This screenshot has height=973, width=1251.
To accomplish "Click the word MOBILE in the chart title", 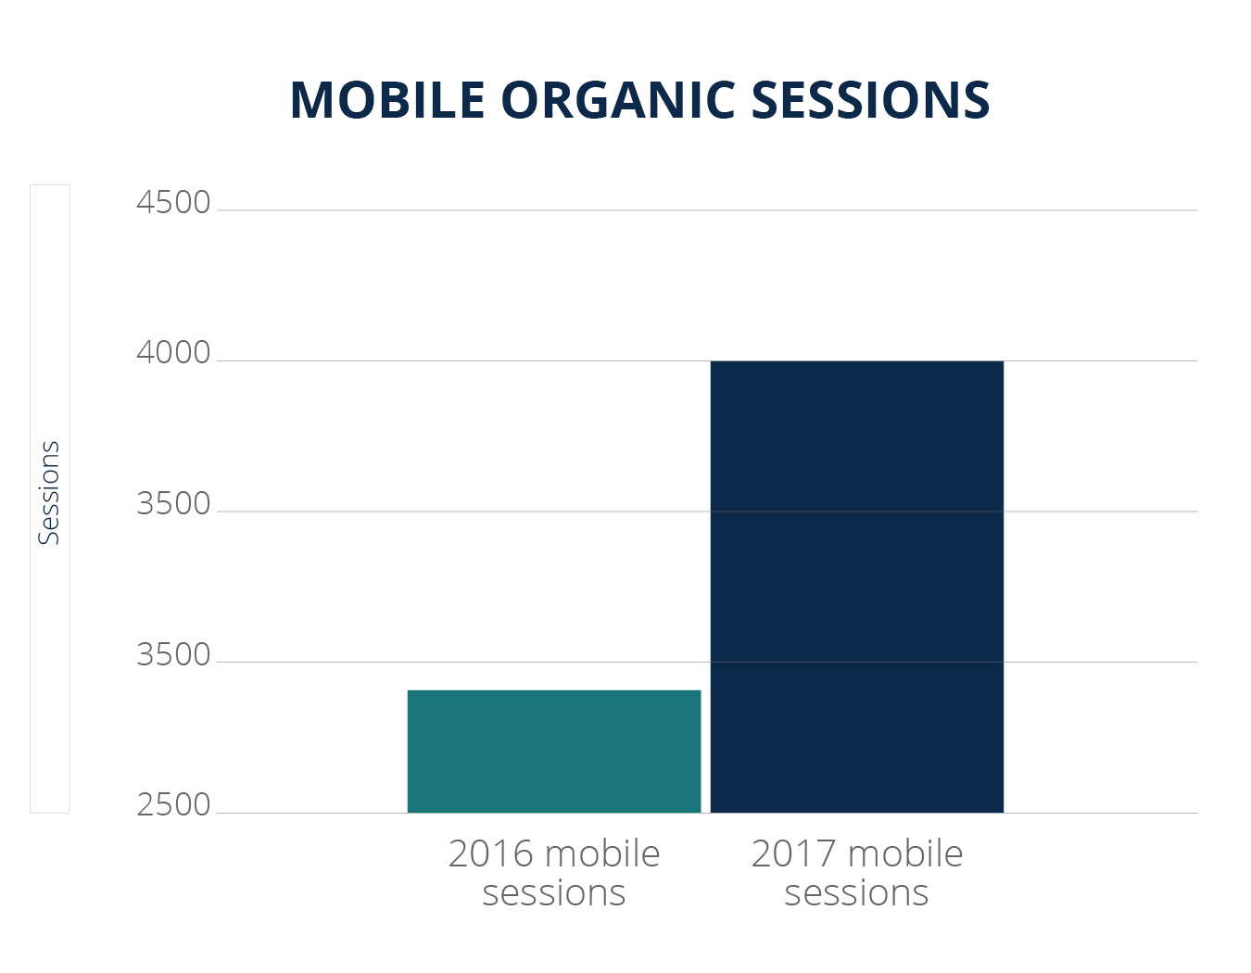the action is point(387,100).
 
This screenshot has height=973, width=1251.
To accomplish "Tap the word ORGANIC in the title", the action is point(618,100).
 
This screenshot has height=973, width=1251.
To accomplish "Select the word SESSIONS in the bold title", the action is point(870,100).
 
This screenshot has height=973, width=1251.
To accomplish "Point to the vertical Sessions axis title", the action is point(49,493).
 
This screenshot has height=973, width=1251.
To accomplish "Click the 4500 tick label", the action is point(173,203).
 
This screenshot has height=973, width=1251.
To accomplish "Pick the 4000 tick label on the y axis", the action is point(173,353).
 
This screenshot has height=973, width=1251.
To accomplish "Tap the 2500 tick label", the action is point(173,805).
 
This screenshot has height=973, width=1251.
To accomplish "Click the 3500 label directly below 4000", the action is point(173,504).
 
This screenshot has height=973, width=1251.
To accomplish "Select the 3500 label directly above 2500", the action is point(173,654).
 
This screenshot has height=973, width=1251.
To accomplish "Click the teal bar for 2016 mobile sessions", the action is point(554,752).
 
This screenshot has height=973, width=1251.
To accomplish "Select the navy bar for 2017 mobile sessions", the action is point(856,587).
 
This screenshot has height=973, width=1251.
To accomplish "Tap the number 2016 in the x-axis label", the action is point(491,853).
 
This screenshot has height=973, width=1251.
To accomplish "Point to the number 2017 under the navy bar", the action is point(794,853).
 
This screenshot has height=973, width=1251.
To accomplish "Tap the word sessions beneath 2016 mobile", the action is point(554,893).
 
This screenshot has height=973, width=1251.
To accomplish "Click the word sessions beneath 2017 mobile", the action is point(856,893).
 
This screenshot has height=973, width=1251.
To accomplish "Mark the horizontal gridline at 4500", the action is point(708,210).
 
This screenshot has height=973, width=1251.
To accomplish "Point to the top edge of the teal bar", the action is point(554,690).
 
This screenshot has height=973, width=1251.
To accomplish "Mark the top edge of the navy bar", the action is point(856,361).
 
